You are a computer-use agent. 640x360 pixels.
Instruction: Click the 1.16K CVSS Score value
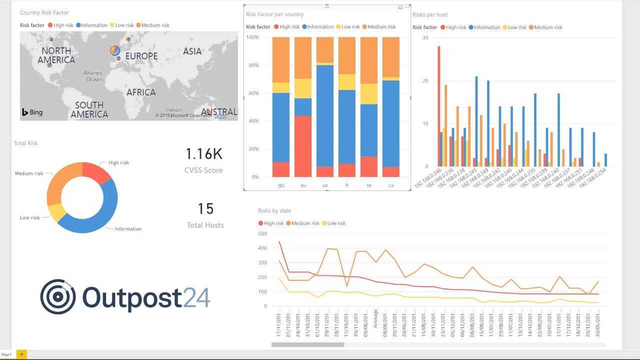point(203,154)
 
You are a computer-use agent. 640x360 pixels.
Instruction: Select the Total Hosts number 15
point(205,209)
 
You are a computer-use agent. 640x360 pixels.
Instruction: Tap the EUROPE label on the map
point(141,56)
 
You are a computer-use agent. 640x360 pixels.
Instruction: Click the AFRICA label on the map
point(141,92)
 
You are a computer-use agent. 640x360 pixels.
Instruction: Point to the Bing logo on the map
point(32,112)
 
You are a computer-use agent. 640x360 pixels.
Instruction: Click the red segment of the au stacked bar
point(303,146)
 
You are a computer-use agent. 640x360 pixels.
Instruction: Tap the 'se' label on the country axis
point(369,185)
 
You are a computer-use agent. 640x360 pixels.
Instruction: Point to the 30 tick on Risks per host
point(425,38)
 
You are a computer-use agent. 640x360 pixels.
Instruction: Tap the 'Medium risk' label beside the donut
point(29,173)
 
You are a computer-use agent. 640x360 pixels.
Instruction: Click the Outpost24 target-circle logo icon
point(58,296)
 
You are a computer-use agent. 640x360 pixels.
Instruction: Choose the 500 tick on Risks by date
point(262,233)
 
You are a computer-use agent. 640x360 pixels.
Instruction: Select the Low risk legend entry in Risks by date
point(333,223)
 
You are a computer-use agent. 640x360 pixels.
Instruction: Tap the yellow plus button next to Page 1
point(21,354)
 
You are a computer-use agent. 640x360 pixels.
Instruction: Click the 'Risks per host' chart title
point(430,15)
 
